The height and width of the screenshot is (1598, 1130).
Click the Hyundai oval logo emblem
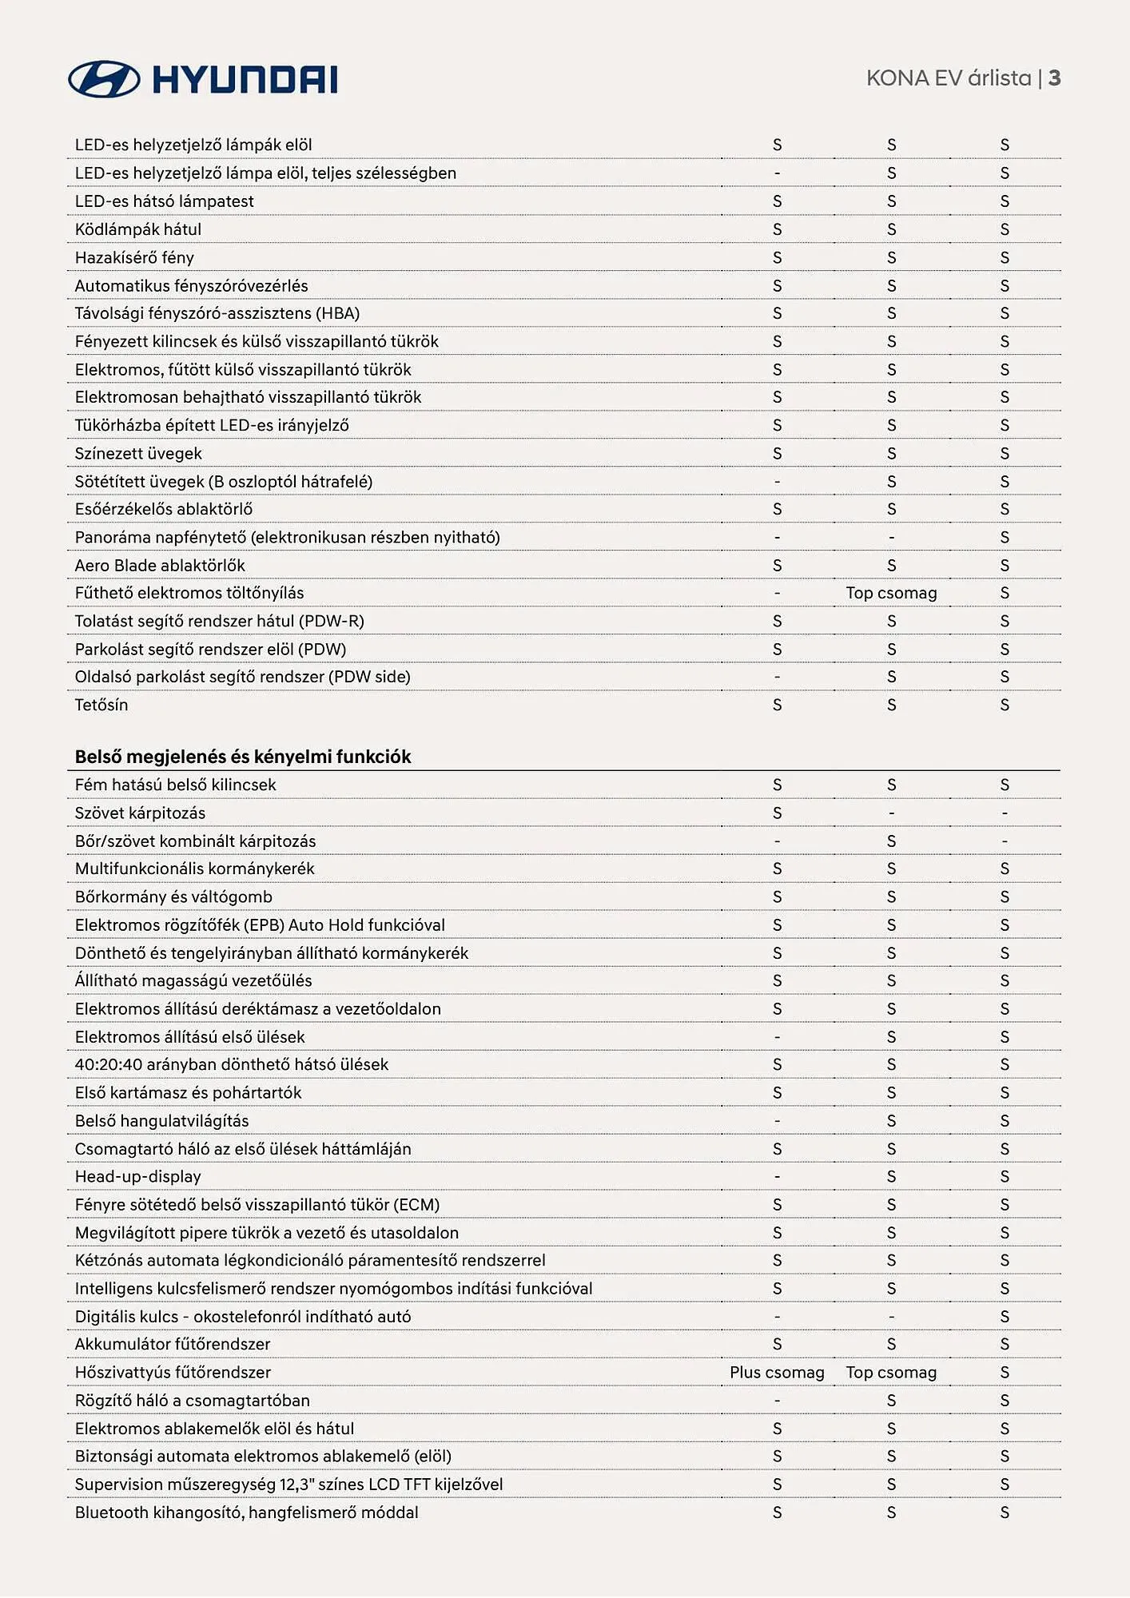[x=104, y=79]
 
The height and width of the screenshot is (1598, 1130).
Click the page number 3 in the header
[x=1054, y=78]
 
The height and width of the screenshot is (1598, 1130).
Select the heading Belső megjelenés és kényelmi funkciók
[x=243, y=757]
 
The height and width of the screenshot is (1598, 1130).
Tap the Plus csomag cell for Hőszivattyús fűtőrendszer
[x=777, y=1373]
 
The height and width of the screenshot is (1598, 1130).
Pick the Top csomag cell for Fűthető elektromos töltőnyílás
[x=891, y=593]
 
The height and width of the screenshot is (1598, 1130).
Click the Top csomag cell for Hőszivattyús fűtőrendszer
[x=891, y=1373]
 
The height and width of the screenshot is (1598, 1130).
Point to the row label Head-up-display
[x=138, y=1177]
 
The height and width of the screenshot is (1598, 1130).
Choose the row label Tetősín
[x=101, y=705]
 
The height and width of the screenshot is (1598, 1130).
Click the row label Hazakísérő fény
[x=134, y=257]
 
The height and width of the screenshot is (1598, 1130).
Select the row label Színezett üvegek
[x=138, y=454]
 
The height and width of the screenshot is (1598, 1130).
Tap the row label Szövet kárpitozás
[x=140, y=813]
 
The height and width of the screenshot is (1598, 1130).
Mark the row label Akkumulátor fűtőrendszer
[x=173, y=1345]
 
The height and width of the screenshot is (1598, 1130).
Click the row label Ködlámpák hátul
[x=138, y=229]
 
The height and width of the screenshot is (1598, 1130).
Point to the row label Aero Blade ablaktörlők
[x=160, y=566]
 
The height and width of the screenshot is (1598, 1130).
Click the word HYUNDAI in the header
[x=245, y=80]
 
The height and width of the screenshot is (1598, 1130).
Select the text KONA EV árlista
[x=949, y=78]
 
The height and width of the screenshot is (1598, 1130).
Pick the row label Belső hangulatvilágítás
[x=162, y=1121]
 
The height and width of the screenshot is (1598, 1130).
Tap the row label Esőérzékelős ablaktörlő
[x=164, y=509]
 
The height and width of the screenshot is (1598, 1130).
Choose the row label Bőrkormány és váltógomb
[x=173, y=897]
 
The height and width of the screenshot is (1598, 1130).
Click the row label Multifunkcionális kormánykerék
[x=195, y=869]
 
